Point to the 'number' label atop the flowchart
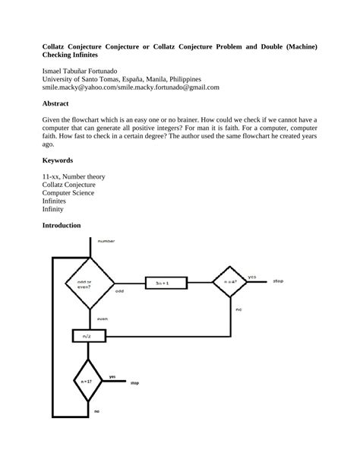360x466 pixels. (x=106, y=241)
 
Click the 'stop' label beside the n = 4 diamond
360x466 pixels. (x=278, y=281)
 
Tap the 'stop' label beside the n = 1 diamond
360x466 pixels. (x=134, y=383)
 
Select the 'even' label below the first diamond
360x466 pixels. (x=103, y=319)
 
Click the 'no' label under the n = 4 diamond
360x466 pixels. (x=238, y=310)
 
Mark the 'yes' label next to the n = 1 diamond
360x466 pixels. (x=112, y=376)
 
